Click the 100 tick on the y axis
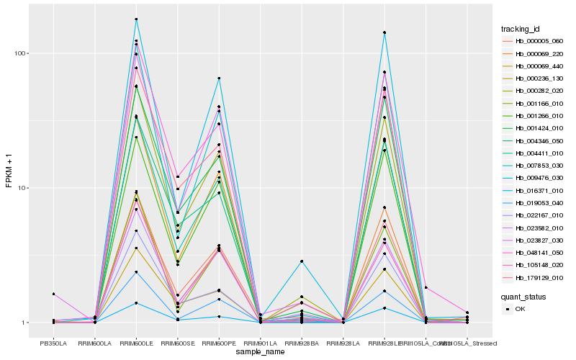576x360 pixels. [20, 53]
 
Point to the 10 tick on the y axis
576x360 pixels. [22, 188]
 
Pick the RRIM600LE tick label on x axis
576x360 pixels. [136, 343]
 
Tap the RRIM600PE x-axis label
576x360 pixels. [219, 343]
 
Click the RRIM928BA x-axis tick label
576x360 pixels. [302, 343]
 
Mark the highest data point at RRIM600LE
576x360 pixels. [136, 19]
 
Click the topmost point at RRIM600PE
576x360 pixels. [219, 78]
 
